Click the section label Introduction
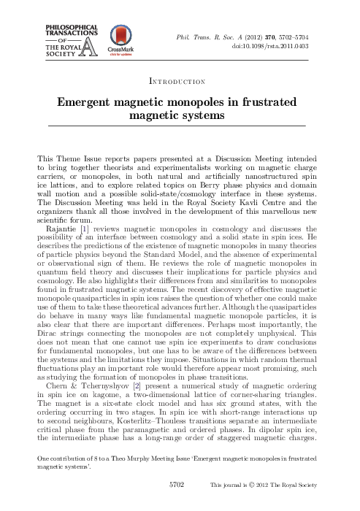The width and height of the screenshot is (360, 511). click(180, 81)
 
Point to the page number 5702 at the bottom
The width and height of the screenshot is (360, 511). click(177, 504)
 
